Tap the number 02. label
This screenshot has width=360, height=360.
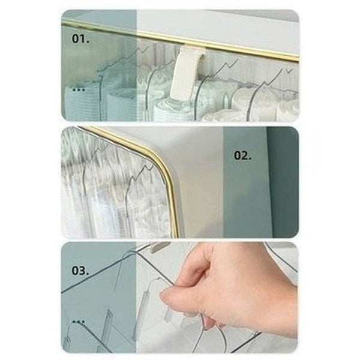click(242, 155)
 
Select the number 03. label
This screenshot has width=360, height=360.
click(80, 271)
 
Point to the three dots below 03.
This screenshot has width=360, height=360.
click(78, 322)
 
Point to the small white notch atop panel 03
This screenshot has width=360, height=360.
click(158, 246)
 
